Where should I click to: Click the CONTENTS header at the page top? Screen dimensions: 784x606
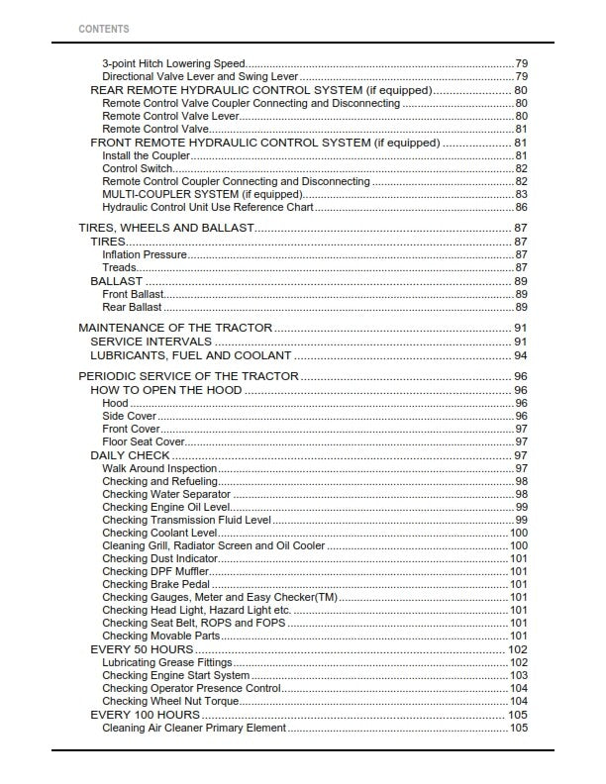[103, 29]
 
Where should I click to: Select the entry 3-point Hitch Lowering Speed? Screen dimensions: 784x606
[174, 63]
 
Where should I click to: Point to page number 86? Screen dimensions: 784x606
[521, 207]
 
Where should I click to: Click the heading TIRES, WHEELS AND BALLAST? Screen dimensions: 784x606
[165, 228]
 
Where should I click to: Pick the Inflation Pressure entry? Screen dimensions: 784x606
[145, 254]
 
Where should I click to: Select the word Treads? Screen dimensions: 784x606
[120, 267]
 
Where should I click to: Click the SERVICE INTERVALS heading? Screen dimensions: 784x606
[151, 342]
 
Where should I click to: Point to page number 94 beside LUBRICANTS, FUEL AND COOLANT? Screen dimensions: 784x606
[520, 355]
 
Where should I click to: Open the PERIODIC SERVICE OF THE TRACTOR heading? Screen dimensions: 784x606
[187, 376]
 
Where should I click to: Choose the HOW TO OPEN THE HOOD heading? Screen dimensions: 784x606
[166, 390]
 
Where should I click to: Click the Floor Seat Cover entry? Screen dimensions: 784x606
[144, 441]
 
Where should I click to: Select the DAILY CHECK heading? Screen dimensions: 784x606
[130, 455]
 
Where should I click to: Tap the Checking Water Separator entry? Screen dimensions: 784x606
[166, 494]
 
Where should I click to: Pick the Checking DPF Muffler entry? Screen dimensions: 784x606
[155, 571]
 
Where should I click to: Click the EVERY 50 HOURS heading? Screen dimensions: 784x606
[142, 649]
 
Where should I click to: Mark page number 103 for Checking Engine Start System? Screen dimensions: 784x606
[518, 675]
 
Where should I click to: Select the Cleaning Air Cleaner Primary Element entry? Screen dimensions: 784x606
[194, 728]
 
